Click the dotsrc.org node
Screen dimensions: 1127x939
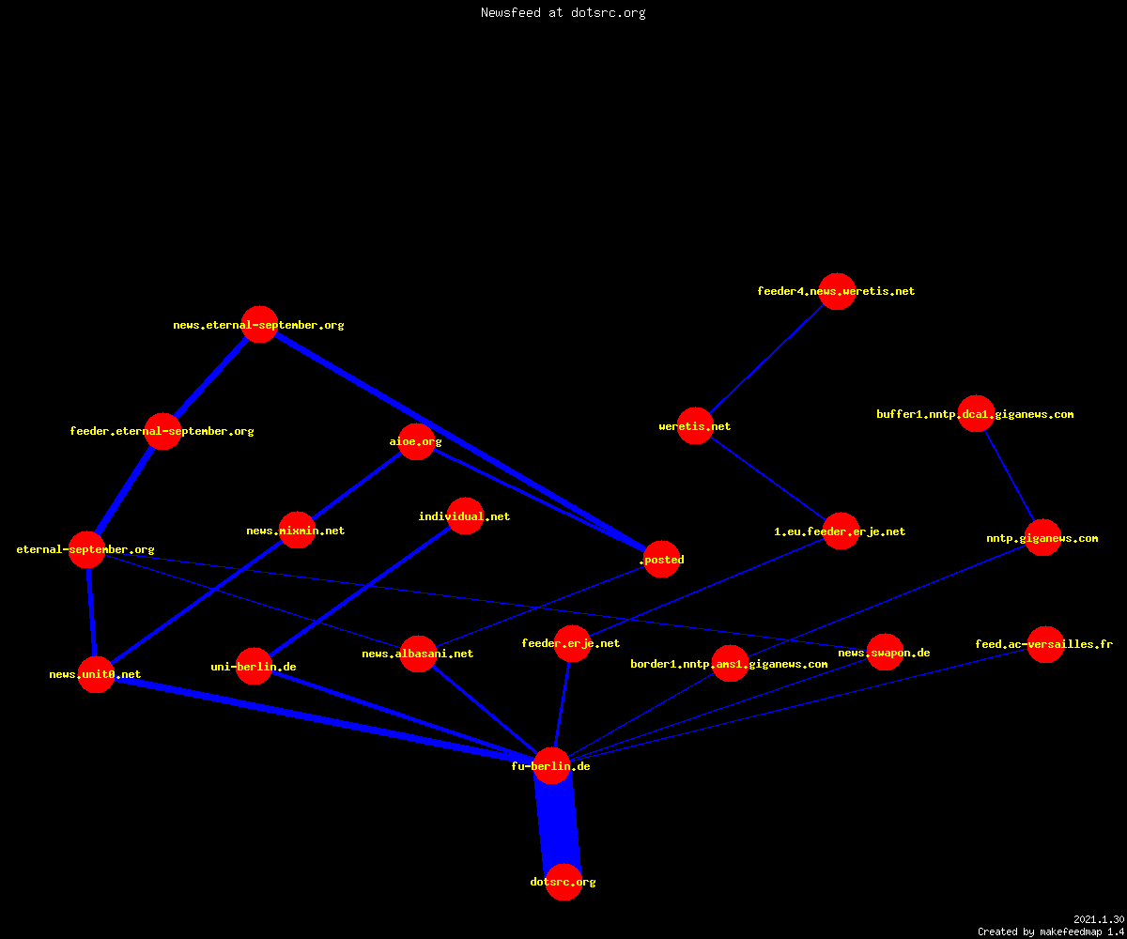point(563,882)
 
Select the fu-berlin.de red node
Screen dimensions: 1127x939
point(551,766)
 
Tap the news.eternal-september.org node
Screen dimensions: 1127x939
point(259,324)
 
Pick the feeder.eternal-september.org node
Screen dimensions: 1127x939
point(162,431)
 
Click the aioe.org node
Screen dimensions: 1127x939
point(416,441)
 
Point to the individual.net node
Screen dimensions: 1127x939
point(465,516)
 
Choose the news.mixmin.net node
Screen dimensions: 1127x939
point(297,530)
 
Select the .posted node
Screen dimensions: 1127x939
point(662,559)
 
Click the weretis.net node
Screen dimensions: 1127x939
point(695,425)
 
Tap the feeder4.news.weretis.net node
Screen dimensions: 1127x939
point(837,291)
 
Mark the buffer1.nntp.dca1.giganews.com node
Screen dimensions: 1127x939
point(976,414)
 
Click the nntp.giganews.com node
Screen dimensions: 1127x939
point(1042,537)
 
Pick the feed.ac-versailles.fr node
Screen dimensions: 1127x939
point(1045,644)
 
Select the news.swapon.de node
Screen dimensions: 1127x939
point(885,653)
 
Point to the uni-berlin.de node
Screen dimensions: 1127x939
point(254,666)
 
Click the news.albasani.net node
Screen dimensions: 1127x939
point(418,654)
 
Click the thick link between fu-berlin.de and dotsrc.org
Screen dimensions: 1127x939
point(558,824)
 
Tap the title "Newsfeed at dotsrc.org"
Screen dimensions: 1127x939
point(563,12)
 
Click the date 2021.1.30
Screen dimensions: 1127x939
point(1099,919)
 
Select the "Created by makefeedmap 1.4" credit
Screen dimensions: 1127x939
point(1052,932)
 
